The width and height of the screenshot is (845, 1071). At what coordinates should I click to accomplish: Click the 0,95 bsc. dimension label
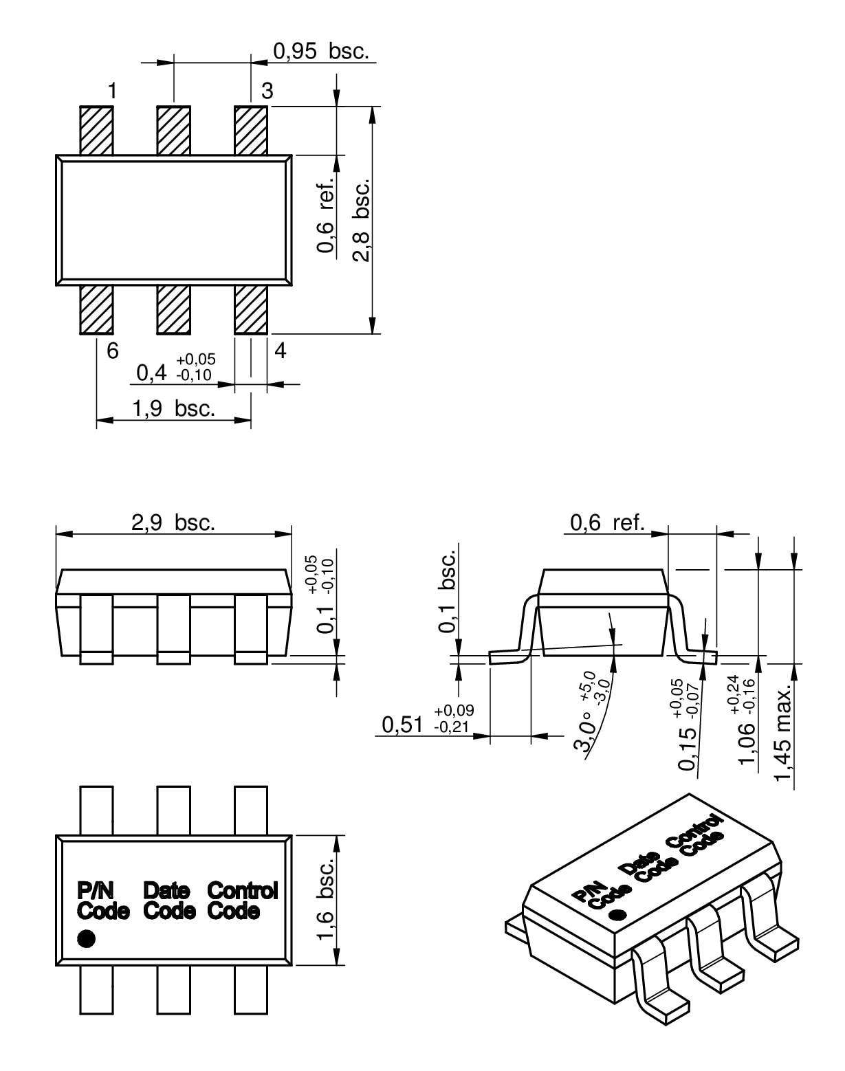click(x=321, y=51)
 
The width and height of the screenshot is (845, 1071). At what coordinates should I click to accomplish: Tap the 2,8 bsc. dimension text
click(x=362, y=220)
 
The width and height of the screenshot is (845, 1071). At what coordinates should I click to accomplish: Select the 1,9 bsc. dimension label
click(x=173, y=408)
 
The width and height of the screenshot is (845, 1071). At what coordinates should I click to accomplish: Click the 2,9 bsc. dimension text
click(x=173, y=522)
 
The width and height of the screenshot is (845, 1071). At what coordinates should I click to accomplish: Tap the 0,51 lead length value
click(x=402, y=725)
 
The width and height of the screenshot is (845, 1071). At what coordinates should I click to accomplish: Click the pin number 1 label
click(x=113, y=91)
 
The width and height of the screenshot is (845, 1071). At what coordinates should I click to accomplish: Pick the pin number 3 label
click(x=267, y=91)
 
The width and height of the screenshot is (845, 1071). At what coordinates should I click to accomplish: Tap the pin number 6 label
click(x=113, y=351)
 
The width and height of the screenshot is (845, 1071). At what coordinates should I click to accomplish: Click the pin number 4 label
click(x=281, y=351)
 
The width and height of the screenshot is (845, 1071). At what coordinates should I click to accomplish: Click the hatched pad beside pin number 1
click(x=96, y=131)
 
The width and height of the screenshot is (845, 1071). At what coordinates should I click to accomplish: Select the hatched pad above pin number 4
click(x=251, y=309)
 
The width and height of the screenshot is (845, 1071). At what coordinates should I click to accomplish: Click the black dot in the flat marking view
click(x=86, y=938)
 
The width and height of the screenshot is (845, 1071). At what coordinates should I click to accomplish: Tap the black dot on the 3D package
click(x=618, y=915)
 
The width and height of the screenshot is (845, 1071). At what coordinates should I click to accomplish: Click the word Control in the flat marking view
click(x=243, y=890)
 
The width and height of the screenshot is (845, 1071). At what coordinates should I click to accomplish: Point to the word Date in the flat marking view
click(x=167, y=890)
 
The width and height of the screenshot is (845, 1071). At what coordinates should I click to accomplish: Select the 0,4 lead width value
click(x=151, y=373)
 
